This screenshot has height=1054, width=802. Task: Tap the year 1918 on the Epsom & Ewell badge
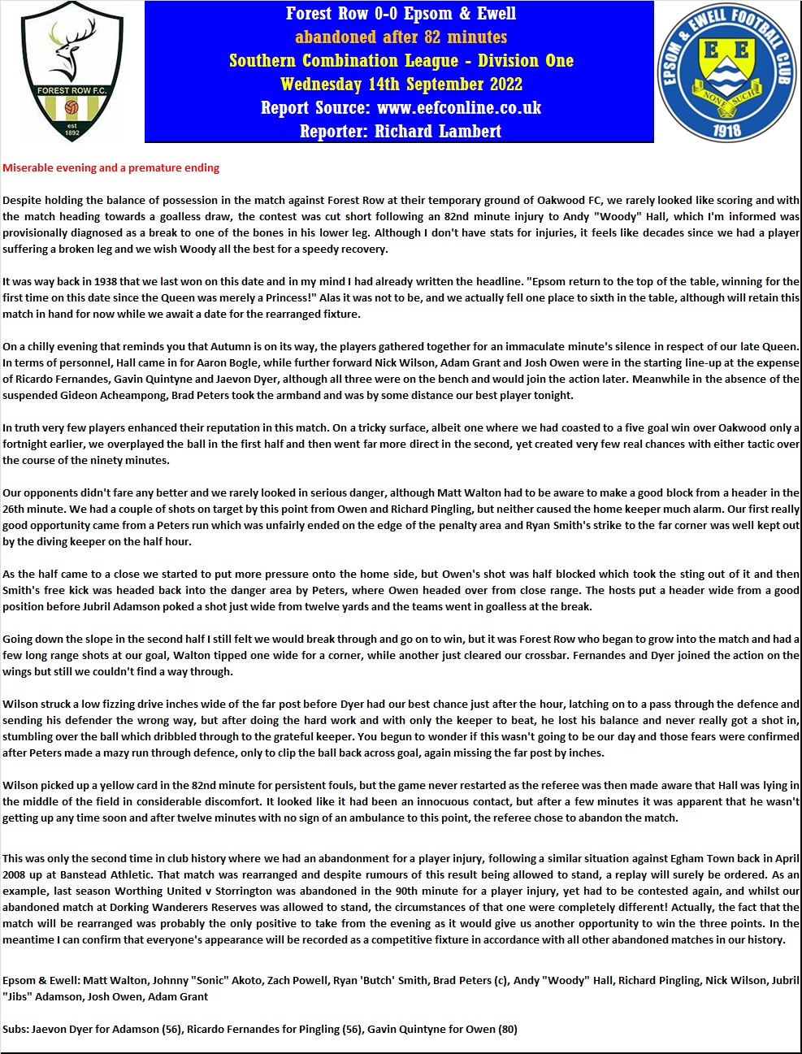tap(726, 128)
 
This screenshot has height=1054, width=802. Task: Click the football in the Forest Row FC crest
tap(71, 106)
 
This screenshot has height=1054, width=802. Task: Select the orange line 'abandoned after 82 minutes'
tap(401, 37)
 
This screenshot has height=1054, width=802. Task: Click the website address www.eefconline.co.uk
tap(458, 107)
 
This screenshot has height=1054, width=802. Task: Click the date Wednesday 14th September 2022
tap(401, 84)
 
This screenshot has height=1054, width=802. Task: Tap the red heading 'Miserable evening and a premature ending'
tap(111, 168)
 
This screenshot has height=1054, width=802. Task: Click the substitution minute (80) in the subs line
tap(507, 1029)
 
